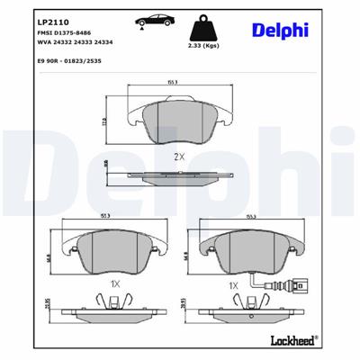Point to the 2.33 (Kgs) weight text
point(214,44)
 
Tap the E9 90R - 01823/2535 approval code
point(69,60)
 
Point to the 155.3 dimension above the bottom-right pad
point(240,217)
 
